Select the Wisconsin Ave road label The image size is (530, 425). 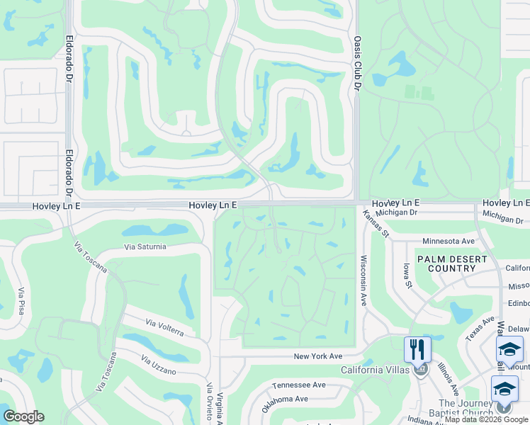coord(363,280)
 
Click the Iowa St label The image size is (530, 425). coord(408,276)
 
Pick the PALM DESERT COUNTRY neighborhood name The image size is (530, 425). coord(451,263)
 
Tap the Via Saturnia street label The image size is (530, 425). coord(145,246)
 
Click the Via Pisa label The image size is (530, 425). coord(23,301)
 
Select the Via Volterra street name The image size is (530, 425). coord(165,327)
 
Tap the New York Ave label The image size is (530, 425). coord(318,356)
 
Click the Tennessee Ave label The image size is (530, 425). coord(298,385)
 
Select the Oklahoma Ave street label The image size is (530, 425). coord(283,404)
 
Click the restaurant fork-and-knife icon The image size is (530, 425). coord(417,350)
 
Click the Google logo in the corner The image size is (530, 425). coord(23,416)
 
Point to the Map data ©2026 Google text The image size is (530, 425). coord(486,420)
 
